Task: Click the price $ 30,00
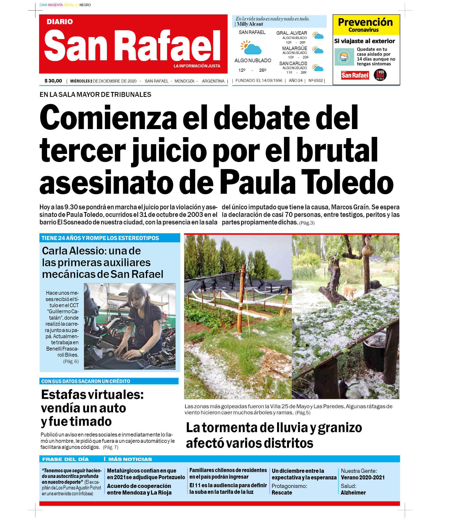tap(53, 81)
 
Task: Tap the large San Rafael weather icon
tap(251, 48)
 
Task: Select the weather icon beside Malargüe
tap(318, 50)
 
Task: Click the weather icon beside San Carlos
tap(318, 68)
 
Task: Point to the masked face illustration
tap(344, 57)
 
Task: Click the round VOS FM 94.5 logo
tap(380, 75)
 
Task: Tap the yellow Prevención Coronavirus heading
tap(366, 25)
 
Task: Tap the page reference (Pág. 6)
tap(71, 361)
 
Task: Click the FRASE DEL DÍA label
tap(65, 459)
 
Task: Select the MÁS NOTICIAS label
tap(130, 459)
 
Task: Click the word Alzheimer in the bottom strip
tap(353, 492)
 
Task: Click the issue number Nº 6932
tap(316, 81)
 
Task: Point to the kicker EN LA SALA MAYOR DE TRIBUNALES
tap(95, 95)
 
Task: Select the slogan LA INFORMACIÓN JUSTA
tap(197, 66)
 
